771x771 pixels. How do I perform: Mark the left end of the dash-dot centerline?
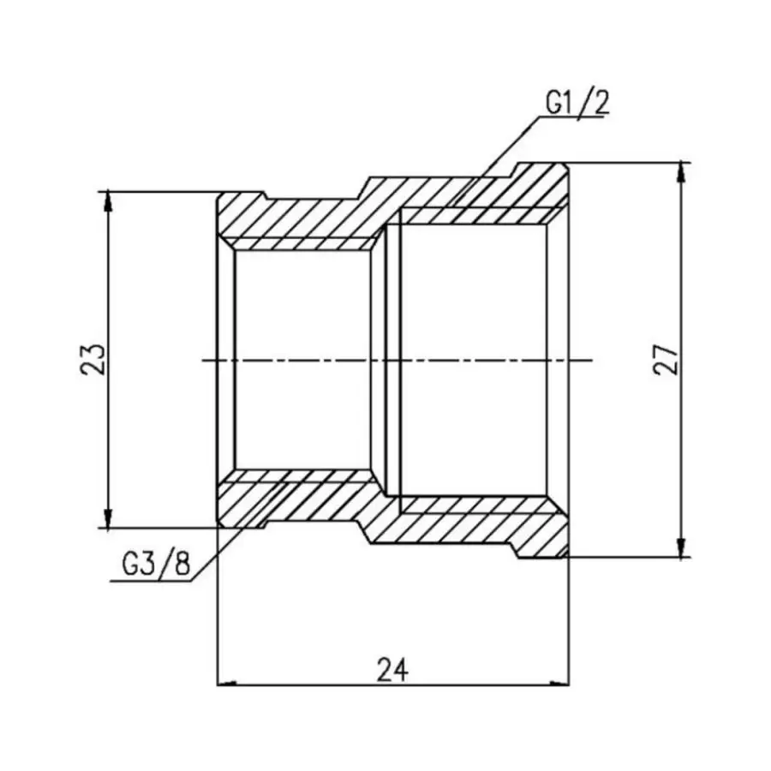202,361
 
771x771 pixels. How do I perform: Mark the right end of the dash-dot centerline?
591,361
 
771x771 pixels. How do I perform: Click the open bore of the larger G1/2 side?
471,360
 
